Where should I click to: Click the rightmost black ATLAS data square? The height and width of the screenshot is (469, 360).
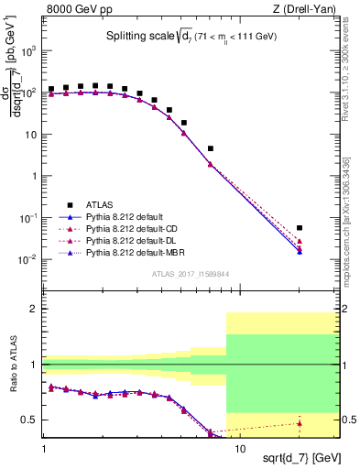(x=300, y=228)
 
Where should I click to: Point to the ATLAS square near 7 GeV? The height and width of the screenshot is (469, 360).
(x=211, y=148)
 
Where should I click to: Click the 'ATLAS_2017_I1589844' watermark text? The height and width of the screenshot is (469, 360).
(x=191, y=274)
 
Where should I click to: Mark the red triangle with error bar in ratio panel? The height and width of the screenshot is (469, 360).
(x=300, y=422)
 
